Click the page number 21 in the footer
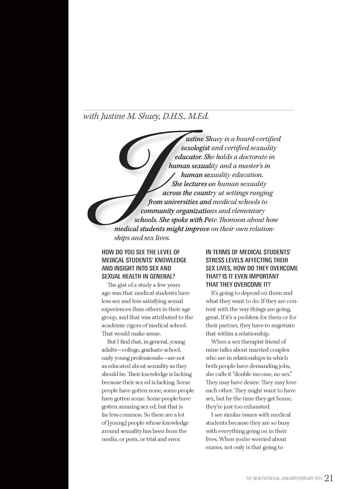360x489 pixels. (329, 478)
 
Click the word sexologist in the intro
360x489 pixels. (195, 148)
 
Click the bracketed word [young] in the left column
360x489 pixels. (117, 423)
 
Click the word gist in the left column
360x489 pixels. (123, 285)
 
